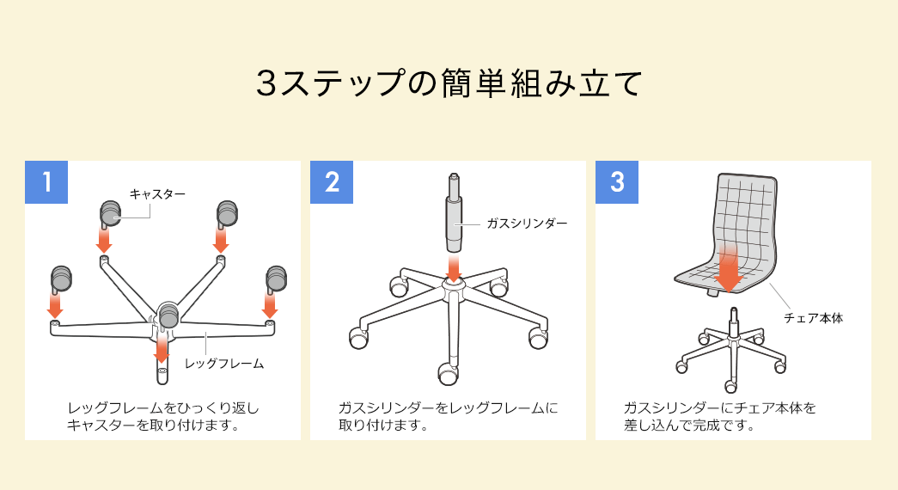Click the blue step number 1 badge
click(46, 182)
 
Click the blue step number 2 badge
click(332, 182)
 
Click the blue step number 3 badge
click(617, 182)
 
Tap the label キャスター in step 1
click(157, 194)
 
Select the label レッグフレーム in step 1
click(224, 364)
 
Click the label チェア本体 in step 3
click(813, 317)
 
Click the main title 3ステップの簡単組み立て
click(449, 83)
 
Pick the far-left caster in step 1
click(60, 278)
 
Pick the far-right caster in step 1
click(275, 278)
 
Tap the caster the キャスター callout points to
click(110, 211)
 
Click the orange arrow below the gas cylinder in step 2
click(454, 266)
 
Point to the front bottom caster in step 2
click(448, 373)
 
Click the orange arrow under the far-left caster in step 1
click(55, 305)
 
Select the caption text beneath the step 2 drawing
click(448, 416)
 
